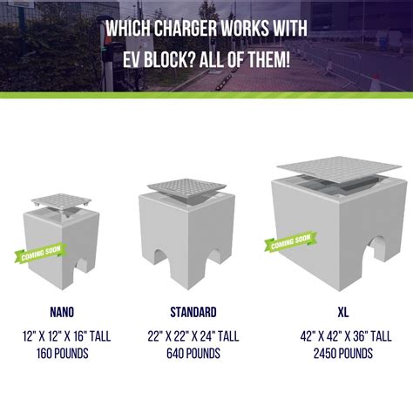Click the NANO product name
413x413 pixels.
point(62,312)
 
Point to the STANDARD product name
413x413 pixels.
point(193,312)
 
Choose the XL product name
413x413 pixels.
point(343,312)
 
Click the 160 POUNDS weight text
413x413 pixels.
point(63,354)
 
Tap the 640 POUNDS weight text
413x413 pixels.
point(193,354)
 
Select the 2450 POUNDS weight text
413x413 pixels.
point(343,354)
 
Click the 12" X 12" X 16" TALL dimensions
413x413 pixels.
point(66,336)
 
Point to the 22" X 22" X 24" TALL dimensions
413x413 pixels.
point(193,336)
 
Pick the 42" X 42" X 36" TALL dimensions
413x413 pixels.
point(346,336)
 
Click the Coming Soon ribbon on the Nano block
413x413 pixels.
point(41,253)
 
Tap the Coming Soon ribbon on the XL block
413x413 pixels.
point(291,241)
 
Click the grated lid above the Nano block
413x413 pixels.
point(61,201)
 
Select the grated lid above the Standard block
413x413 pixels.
point(186,188)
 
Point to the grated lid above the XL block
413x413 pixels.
point(339,169)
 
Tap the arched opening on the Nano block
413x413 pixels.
point(83,266)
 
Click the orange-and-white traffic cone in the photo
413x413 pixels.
point(376,82)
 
